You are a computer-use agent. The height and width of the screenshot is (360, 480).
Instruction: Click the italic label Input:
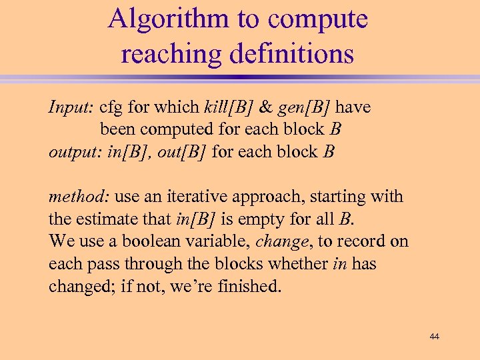(71, 107)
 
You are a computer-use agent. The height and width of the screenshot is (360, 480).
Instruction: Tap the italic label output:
(75, 152)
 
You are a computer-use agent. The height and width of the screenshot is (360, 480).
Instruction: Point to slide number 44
(435, 337)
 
